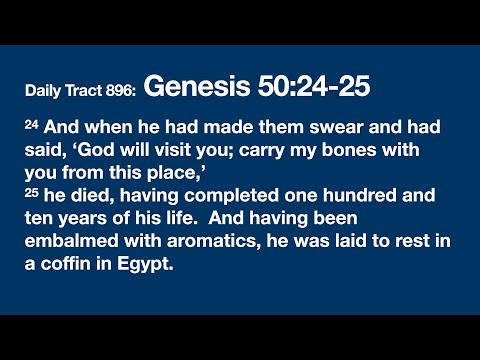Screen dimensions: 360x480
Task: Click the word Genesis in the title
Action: (x=189, y=88)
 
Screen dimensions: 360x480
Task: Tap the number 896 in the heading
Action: (x=119, y=91)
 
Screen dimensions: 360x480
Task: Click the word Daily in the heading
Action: (x=45, y=91)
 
